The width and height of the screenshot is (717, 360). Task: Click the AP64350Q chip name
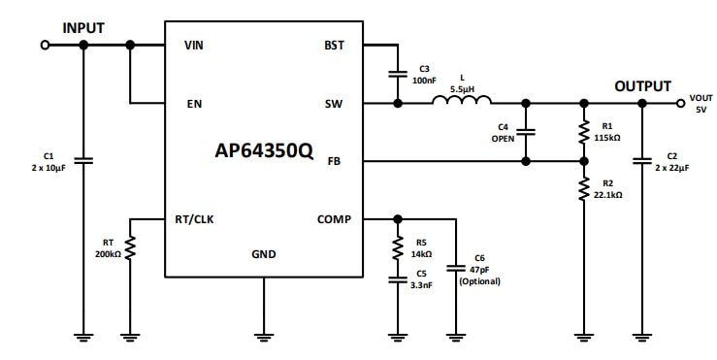(264, 152)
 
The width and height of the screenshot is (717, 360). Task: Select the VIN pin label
(194, 46)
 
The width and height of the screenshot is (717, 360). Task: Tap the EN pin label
(193, 103)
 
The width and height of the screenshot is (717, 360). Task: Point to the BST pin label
(333, 46)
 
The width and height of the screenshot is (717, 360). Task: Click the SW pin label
(333, 103)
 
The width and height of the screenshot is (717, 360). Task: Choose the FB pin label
(334, 161)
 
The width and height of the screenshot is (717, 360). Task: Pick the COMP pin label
(334, 219)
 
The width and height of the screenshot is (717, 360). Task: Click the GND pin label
(263, 254)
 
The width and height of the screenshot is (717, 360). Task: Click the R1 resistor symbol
(583, 132)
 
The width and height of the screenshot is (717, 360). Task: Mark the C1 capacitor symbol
(83, 160)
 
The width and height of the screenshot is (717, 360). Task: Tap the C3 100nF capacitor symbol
(397, 73)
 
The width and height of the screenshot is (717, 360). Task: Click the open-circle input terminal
(44, 45)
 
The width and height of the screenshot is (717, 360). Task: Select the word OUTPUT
(642, 86)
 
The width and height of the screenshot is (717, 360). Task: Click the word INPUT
(83, 27)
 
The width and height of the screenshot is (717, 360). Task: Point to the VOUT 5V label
(700, 104)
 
